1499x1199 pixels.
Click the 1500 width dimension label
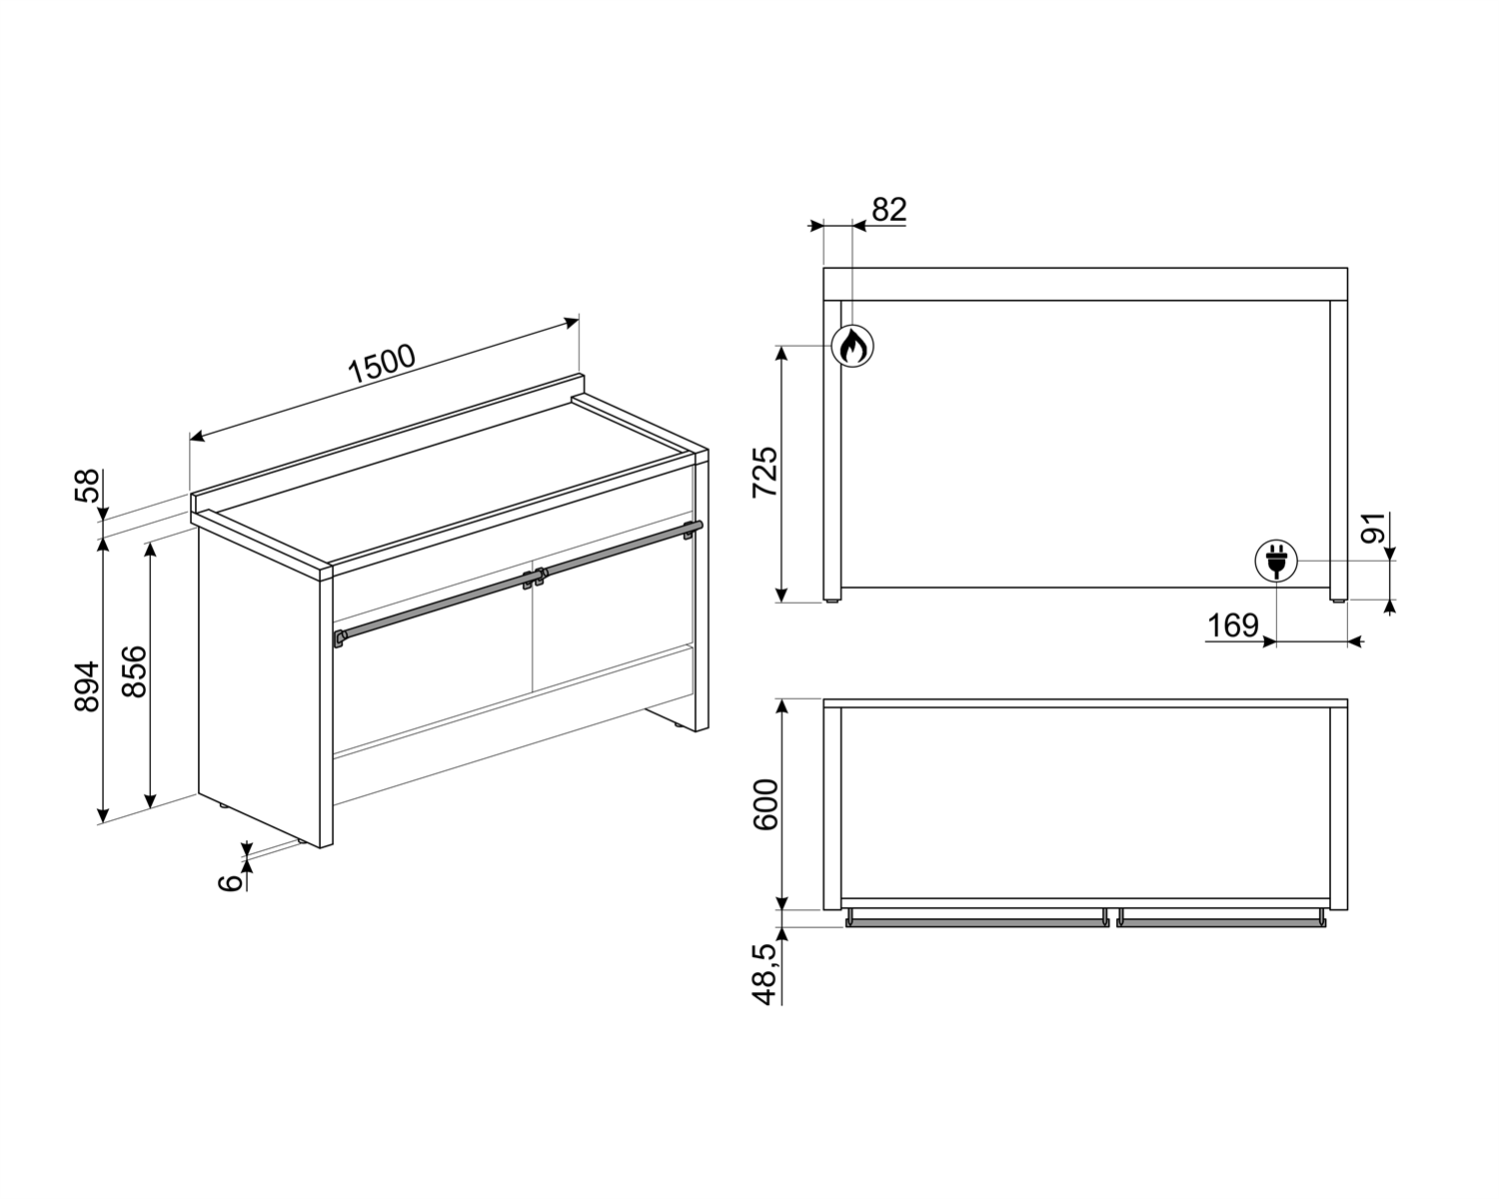coord(382,364)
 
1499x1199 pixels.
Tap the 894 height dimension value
coord(87,686)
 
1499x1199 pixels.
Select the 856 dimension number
coord(135,671)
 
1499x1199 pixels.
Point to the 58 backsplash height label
coord(87,486)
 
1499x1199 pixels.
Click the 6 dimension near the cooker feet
coord(230,882)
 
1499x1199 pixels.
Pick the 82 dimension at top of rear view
coord(889,209)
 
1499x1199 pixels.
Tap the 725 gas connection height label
coord(764,473)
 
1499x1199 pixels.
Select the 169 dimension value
coord(1233,625)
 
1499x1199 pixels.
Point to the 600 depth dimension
coord(765,804)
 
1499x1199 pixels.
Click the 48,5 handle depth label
coord(764,974)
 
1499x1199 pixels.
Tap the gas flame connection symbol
coord(852,346)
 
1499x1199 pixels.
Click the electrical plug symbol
coord(1276,561)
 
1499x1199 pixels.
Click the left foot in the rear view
coord(832,599)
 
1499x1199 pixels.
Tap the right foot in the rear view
coord(1339,599)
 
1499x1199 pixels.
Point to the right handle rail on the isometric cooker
coord(619,552)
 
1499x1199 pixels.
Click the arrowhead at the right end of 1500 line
coord(572,323)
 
